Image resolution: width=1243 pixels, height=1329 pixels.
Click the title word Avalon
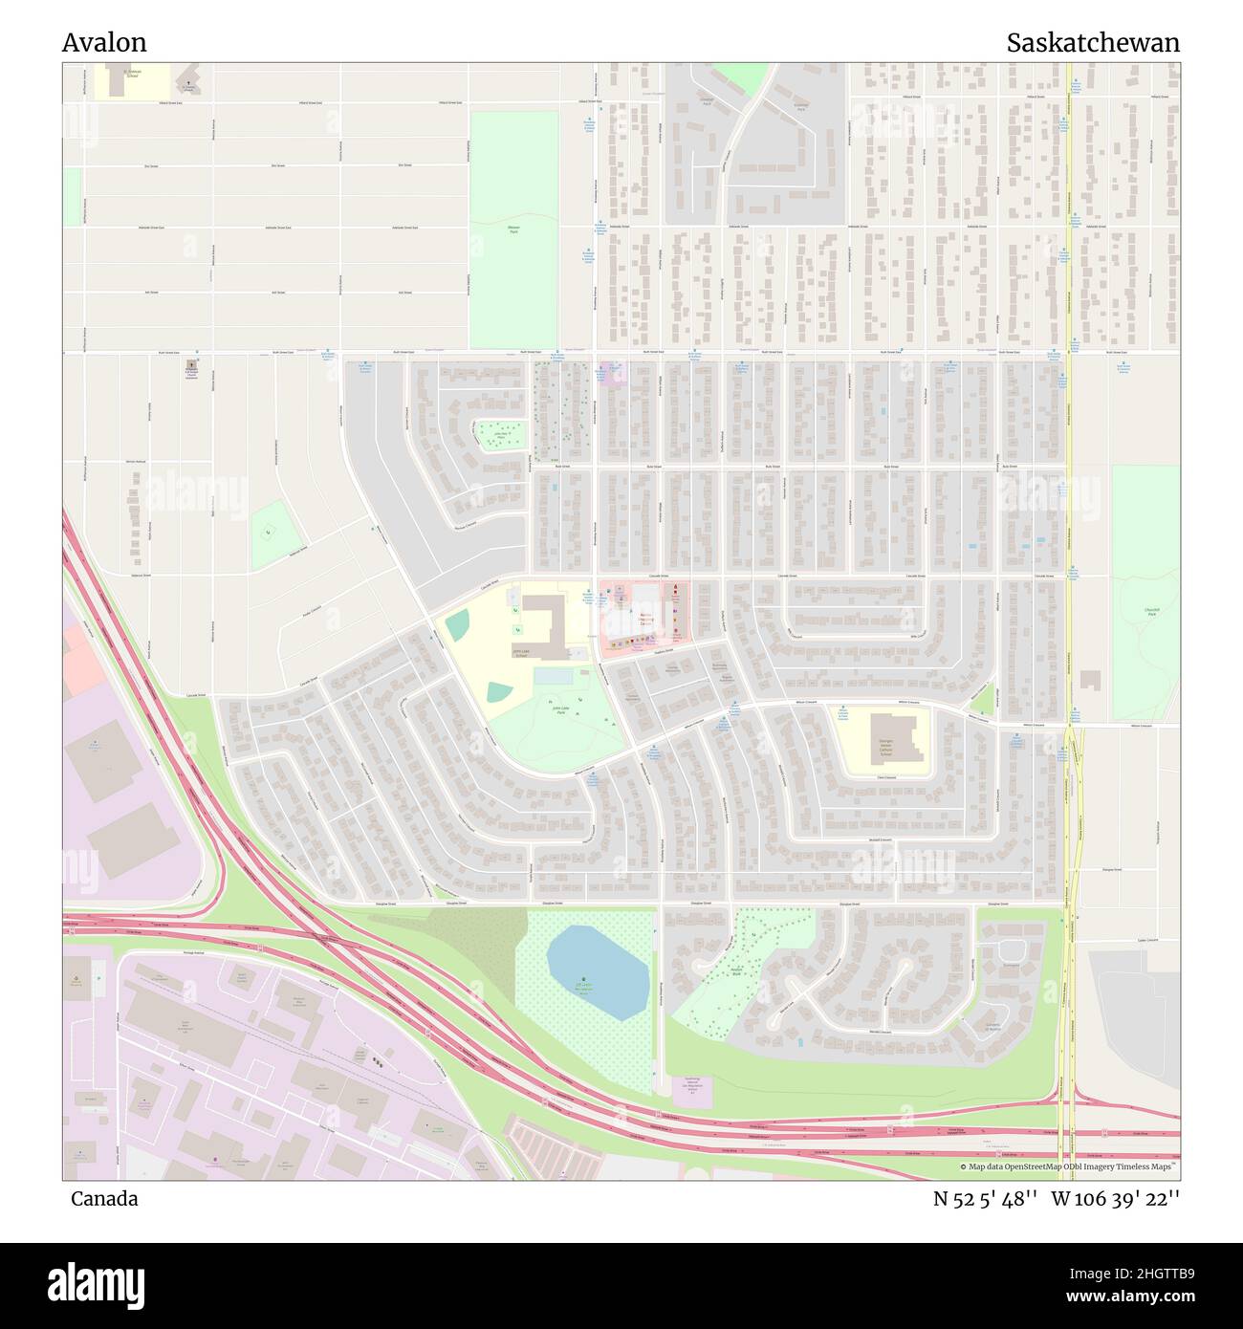coord(104,43)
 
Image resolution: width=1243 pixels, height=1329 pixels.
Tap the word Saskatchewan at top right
coord(1092,43)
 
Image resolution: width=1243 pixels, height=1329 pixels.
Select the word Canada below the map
coord(103,1198)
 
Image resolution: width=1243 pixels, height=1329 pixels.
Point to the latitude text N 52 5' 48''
coord(986,1198)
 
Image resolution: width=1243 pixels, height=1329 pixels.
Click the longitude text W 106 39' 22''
coord(1116,1198)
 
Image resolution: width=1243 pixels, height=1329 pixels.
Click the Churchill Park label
coord(1150,610)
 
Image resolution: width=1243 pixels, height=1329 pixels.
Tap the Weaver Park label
coord(513,229)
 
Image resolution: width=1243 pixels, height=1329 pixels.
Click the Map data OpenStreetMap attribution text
coord(1068,1166)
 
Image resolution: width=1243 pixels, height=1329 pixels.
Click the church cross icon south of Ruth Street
coord(189,366)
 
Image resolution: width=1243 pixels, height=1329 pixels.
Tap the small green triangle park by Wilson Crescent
coord(981,702)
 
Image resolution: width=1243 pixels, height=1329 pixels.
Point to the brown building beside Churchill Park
coord(1089,680)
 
